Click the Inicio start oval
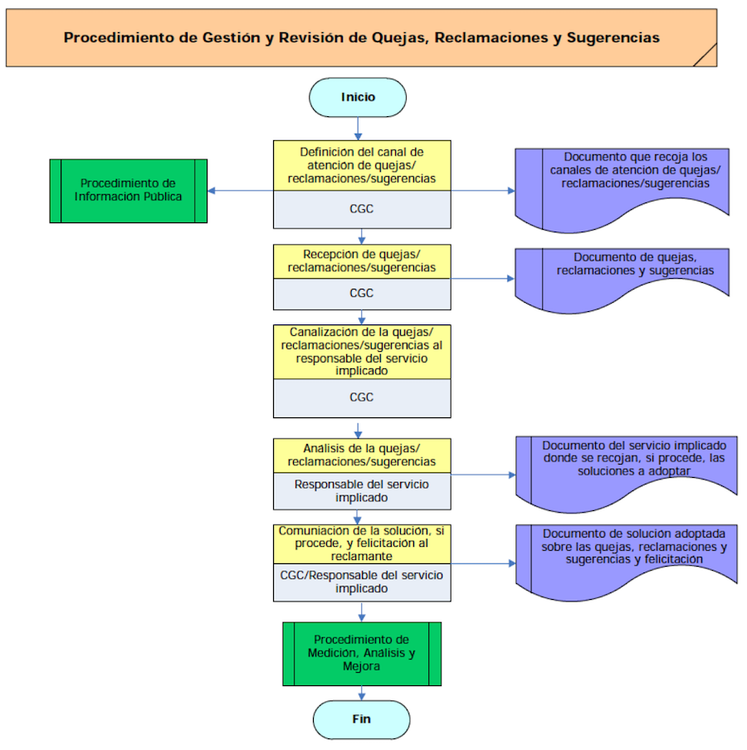pyautogui.click(x=358, y=97)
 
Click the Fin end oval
pyautogui.click(x=361, y=719)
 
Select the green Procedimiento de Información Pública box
pyautogui.click(x=128, y=190)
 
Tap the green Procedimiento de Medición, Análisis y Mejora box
pyautogui.click(x=361, y=653)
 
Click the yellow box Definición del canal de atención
pyautogui.click(x=362, y=165)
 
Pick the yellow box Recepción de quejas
pyautogui.click(x=362, y=261)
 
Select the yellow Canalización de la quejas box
pyautogui.click(x=362, y=352)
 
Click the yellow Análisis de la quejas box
pyautogui.click(x=362, y=455)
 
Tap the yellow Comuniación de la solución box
pyautogui.click(x=362, y=543)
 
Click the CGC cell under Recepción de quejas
pyautogui.click(x=362, y=293)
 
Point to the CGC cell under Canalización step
pyautogui.click(x=362, y=397)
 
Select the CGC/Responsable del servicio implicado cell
pyautogui.click(x=362, y=582)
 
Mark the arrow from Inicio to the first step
pyautogui.click(x=358, y=128)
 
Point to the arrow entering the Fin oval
pyautogui.click(x=362, y=694)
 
